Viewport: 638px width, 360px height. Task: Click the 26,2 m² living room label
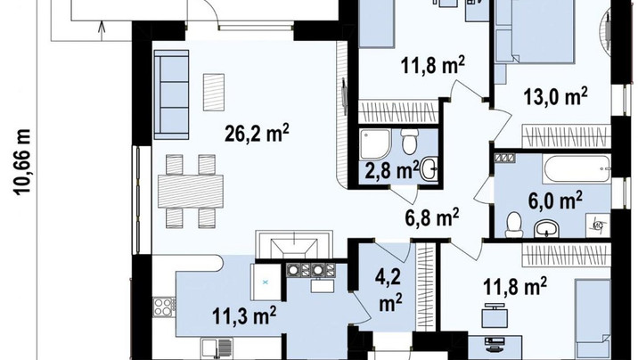click(x=257, y=133)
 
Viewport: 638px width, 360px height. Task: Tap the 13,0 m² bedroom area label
click(x=555, y=96)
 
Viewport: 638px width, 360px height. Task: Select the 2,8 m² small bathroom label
click(x=392, y=169)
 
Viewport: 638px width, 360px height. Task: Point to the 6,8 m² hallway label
click(x=432, y=217)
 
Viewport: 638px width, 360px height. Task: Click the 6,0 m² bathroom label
click(x=555, y=200)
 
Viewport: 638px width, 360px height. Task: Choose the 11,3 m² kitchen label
click(x=244, y=316)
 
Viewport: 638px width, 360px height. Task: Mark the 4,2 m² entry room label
click(x=389, y=290)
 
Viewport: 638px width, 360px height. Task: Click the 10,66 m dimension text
click(x=23, y=162)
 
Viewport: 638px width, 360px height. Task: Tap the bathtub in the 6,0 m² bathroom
click(x=577, y=168)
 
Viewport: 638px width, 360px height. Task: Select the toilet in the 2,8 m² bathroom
click(x=409, y=141)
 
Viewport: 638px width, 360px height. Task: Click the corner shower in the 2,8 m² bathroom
click(x=375, y=145)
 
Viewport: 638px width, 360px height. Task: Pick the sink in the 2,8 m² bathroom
click(x=429, y=169)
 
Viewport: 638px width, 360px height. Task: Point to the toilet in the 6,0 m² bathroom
click(x=513, y=225)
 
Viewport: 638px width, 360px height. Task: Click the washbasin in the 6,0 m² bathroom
click(x=547, y=228)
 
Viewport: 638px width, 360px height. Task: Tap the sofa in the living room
click(x=171, y=94)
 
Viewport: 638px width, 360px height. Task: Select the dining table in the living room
click(x=191, y=192)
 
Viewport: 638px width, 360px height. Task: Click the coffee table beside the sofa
click(x=214, y=92)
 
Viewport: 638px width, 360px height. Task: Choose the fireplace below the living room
click(x=294, y=244)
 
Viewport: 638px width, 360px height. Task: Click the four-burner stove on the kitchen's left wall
click(x=164, y=307)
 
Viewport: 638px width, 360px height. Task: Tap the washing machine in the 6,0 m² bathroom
click(x=598, y=225)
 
